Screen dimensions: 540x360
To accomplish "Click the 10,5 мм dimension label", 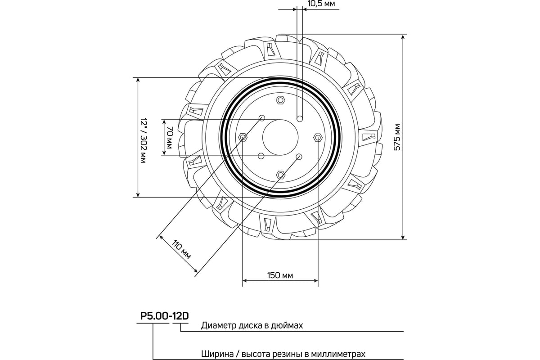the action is [x=321, y=4].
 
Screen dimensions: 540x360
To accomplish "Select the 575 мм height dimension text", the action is [x=397, y=137].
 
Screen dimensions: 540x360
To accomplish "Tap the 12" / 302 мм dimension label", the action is [x=144, y=141].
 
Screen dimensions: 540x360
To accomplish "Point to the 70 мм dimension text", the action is [x=170, y=137].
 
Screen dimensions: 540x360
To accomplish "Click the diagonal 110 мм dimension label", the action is [x=181, y=249].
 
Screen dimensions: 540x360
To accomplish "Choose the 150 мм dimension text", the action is [x=280, y=275].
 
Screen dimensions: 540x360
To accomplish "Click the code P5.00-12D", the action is [x=164, y=316].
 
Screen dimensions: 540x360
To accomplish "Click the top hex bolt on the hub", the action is [x=280, y=100].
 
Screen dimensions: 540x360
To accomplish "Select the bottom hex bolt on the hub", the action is [x=280, y=175].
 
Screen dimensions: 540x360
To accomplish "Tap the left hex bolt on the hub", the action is [x=243, y=137].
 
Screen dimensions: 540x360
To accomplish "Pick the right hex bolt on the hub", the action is [x=318, y=137].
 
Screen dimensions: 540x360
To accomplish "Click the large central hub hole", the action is [x=280, y=137].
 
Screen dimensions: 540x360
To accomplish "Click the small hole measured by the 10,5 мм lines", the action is [x=300, y=119].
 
